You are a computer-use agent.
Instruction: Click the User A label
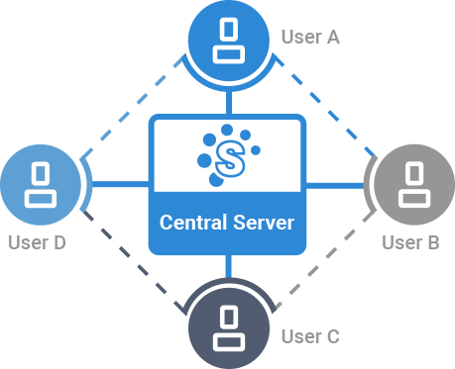(x=310, y=37)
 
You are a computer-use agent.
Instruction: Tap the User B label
(x=410, y=242)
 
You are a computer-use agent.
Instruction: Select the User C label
(x=310, y=336)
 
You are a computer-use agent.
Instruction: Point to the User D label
(x=37, y=242)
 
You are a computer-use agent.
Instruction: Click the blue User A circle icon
(x=229, y=41)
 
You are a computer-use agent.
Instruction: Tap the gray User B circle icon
(x=414, y=185)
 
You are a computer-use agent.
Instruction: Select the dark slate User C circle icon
(x=229, y=328)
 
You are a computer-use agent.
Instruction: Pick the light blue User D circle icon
(x=41, y=185)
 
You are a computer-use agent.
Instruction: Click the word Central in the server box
(x=194, y=223)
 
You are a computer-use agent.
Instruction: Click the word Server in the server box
(x=264, y=223)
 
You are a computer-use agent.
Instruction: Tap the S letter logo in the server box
(x=230, y=158)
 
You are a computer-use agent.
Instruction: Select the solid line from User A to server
(x=229, y=103)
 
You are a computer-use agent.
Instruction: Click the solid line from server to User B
(x=335, y=186)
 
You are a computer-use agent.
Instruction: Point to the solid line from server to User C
(x=229, y=266)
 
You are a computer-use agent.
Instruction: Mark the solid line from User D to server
(x=121, y=184)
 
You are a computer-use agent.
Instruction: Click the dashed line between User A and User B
(x=325, y=107)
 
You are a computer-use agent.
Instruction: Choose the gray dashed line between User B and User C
(x=325, y=260)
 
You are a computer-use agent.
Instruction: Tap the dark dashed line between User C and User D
(x=132, y=260)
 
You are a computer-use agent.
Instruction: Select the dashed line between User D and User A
(x=132, y=107)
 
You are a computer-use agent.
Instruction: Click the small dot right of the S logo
(x=256, y=150)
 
